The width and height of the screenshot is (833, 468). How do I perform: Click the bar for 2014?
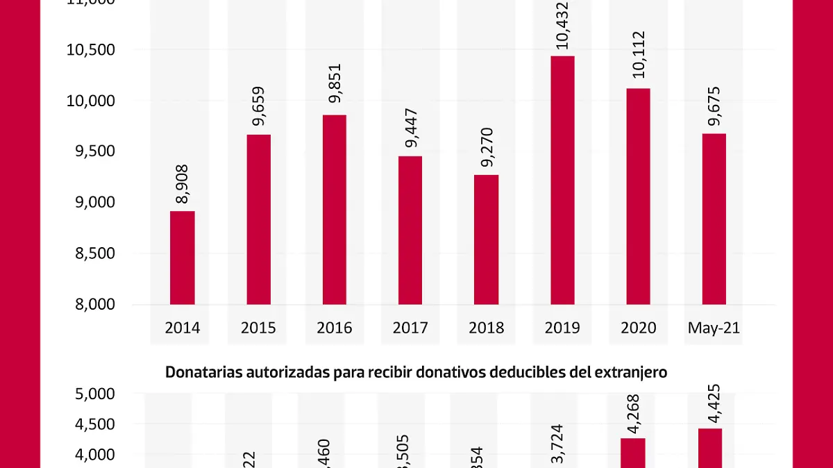pos(183,258)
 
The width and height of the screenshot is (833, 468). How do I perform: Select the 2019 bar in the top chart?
pos(562,180)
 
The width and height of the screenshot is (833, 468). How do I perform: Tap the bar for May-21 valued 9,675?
pos(714,219)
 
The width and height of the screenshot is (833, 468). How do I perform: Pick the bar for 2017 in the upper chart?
pos(410,230)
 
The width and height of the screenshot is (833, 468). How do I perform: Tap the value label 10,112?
pos(639,57)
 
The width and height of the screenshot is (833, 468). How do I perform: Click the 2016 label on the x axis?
pos(335,328)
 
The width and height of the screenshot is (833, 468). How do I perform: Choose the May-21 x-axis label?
pos(714,328)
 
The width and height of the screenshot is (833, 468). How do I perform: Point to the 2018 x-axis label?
pos(486,328)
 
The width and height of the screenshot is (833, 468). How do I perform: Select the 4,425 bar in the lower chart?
pos(709,448)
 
